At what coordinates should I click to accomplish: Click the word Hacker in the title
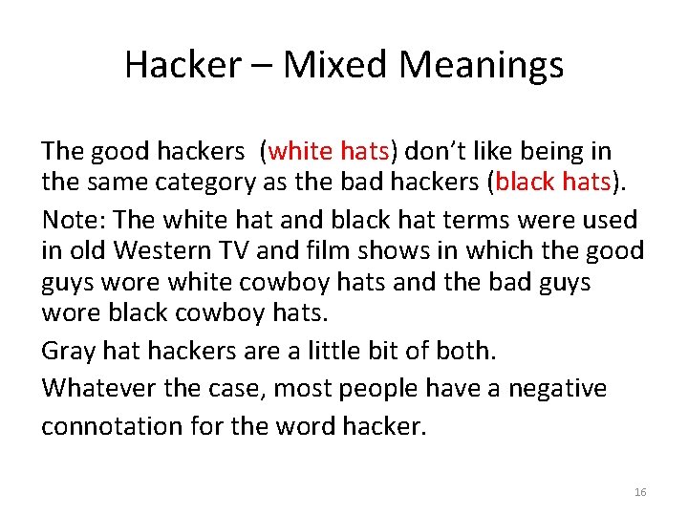pyautogui.click(x=183, y=65)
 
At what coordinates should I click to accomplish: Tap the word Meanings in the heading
pyautogui.click(x=482, y=65)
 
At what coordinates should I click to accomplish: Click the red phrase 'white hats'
pyautogui.click(x=329, y=151)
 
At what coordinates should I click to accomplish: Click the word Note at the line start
pyautogui.click(x=73, y=220)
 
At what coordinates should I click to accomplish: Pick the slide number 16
pyautogui.click(x=640, y=492)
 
